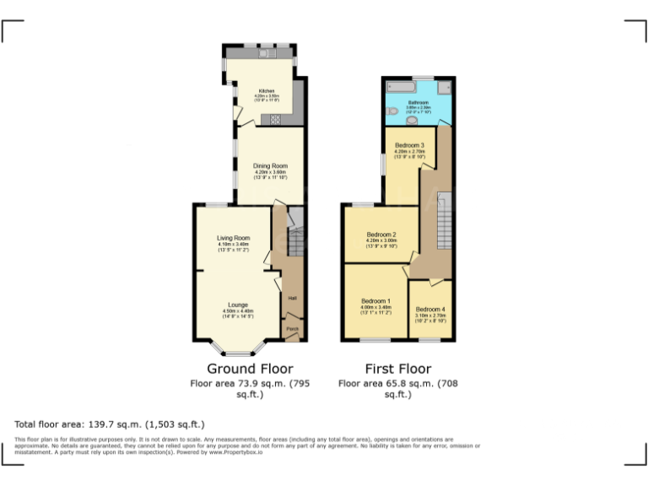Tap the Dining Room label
click(271, 166)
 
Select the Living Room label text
click(233, 239)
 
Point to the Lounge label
click(237, 305)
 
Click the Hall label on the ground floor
click(293, 299)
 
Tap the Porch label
click(293, 328)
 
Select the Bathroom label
click(418, 102)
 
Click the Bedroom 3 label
click(409, 146)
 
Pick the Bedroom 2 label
click(381, 235)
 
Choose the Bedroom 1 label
click(375, 301)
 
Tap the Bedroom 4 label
click(430, 310)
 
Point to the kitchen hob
click(275, 120)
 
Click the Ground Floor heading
click(250, 369)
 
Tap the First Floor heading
click(397, 369)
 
